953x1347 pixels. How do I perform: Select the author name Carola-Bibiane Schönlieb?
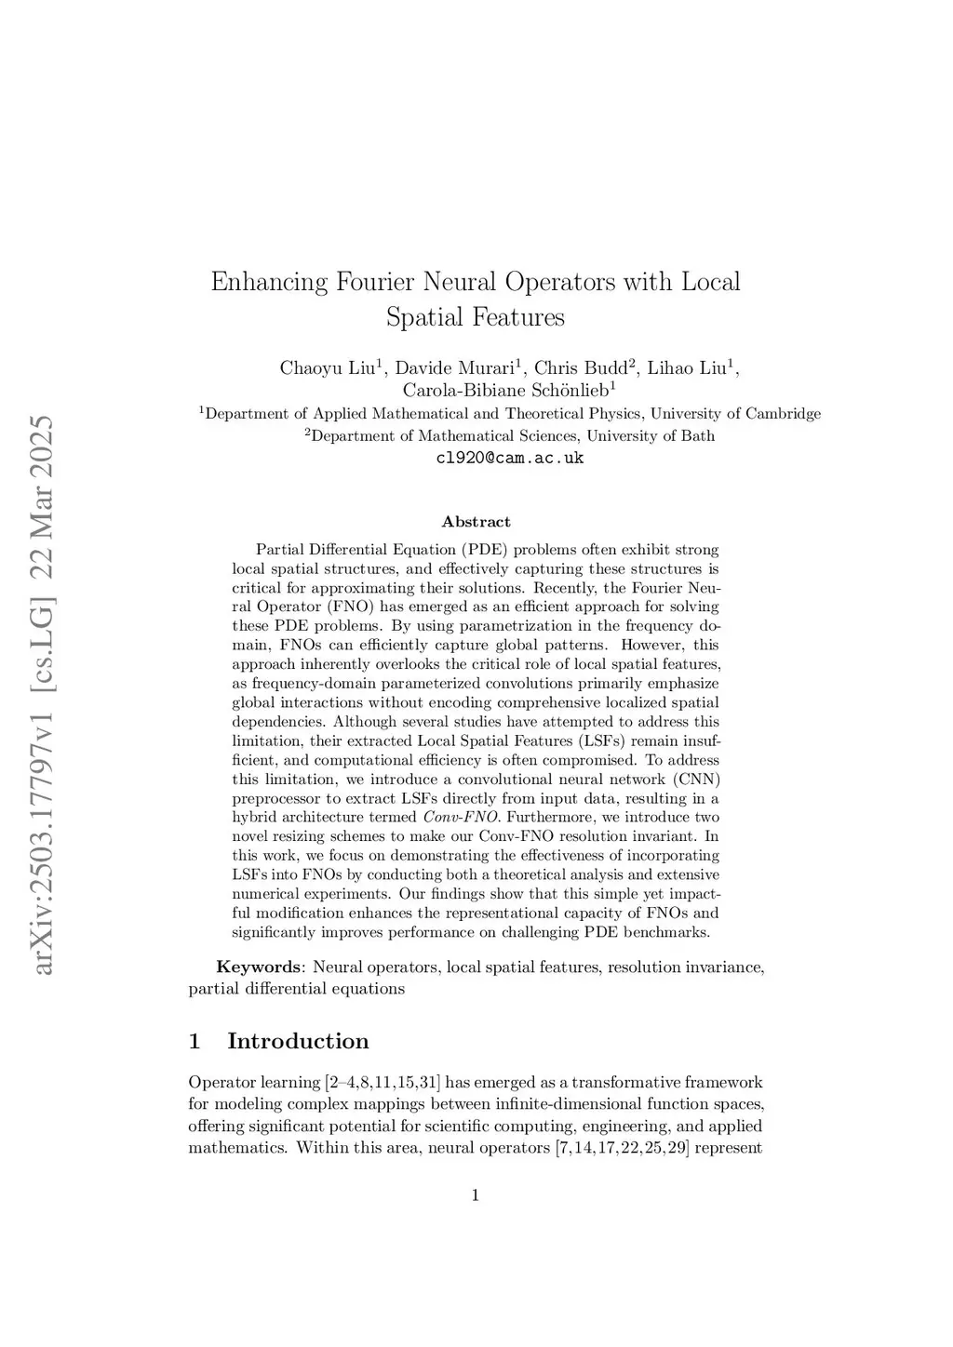505,390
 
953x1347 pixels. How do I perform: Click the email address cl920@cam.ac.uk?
510,458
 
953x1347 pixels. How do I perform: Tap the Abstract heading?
476,522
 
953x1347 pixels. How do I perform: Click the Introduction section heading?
298,1041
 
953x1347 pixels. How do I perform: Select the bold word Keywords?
259,967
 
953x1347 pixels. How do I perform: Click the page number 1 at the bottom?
476,1195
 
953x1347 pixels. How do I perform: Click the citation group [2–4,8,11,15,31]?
383,1082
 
